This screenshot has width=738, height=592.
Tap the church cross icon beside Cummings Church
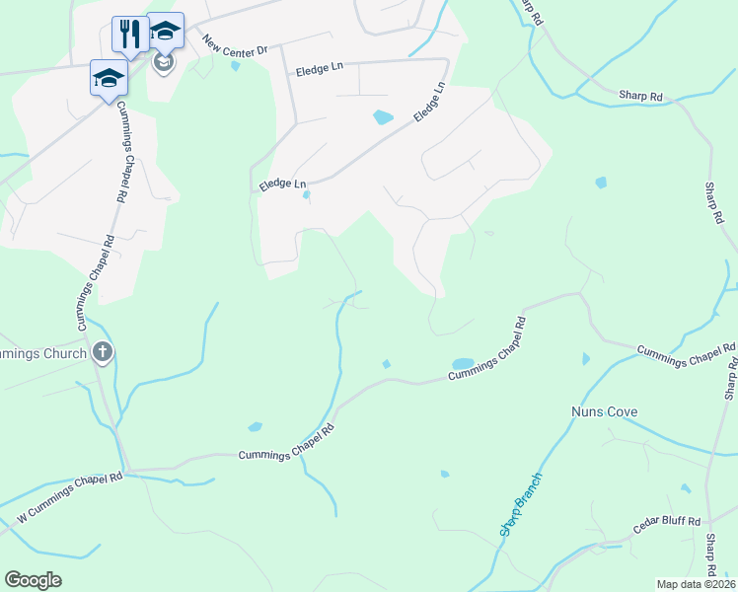(x=102, y=352)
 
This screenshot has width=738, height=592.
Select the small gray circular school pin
(x=163, y=63)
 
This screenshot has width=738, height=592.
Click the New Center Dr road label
(x=236, y=46)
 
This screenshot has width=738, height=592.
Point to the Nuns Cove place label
(x=605, y=411)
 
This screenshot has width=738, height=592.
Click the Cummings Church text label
(x=39, y=353)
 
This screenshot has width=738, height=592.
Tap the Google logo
(x=33, y=580)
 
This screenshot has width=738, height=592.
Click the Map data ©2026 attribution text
(x=696, y=584)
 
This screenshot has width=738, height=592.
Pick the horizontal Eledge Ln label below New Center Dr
(x=318, y=68)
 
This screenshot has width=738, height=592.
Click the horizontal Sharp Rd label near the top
(x=640, y=95)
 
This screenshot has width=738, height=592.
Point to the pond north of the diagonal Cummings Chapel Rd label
(x=462, y=363)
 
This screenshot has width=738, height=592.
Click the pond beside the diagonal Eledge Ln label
(x=383, y=117)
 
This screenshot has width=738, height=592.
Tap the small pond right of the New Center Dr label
(x=235, y=67)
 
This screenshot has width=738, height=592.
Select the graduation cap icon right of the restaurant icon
(x=165, y=32)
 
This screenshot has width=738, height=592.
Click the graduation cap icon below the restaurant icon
(x=108, y=78)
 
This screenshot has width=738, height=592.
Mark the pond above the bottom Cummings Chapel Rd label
(x=256, y=426)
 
